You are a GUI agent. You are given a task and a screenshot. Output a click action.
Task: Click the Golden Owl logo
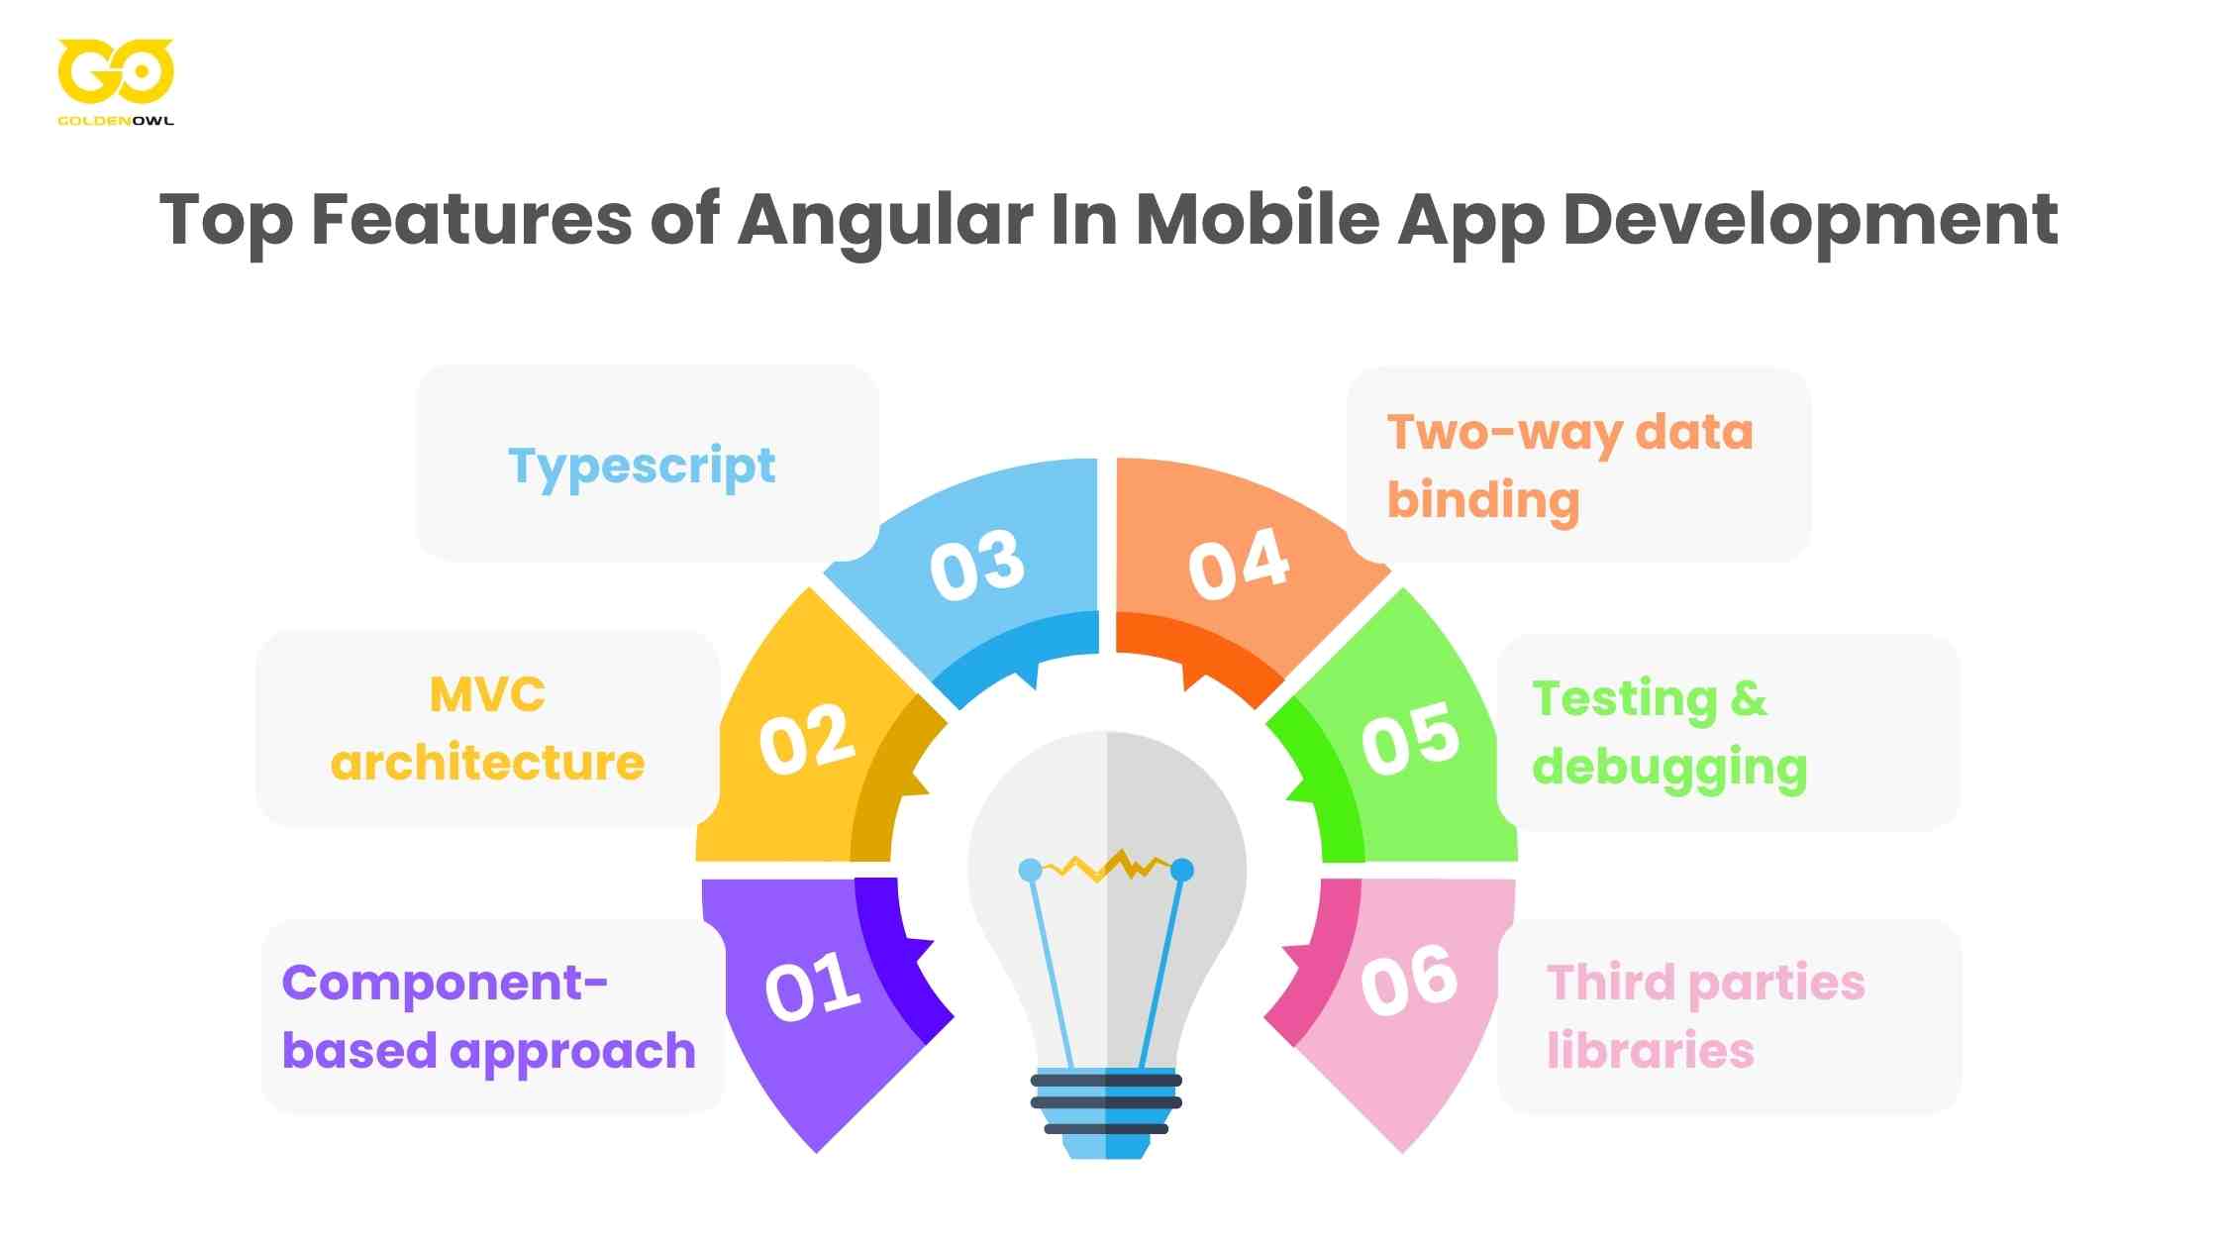pyautogui.click(x=115, y=79)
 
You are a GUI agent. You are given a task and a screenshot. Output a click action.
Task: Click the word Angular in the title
pyautogui.click(x=885, y=220)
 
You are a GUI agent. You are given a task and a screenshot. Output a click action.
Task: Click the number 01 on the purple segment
pyautogui.click(x=812, y=987)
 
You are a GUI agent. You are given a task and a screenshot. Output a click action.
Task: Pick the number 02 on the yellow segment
pyautogui.click(x=806, y=739)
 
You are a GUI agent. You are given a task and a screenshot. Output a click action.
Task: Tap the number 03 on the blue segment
pyautogui.click(x=976, y=565)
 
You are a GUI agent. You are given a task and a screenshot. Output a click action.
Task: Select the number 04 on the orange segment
pyautogui.click(x=1238, y=565)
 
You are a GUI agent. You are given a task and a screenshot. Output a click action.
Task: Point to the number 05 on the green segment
pyautogui.click(x=1410, y=739)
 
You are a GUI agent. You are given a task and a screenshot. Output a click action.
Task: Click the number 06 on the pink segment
pyautogui.click(x=1408, y=981)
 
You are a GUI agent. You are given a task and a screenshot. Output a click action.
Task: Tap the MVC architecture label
pyautogui.click(x=487, y=729)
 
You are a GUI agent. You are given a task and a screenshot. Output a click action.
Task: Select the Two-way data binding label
pyautogui.click(x=1568, y=466)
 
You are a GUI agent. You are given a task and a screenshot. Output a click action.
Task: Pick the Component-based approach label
pyautogui.click(x=489, y=1016)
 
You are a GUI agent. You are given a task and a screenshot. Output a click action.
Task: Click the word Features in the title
pyautogui.click(x=471, y=220)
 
